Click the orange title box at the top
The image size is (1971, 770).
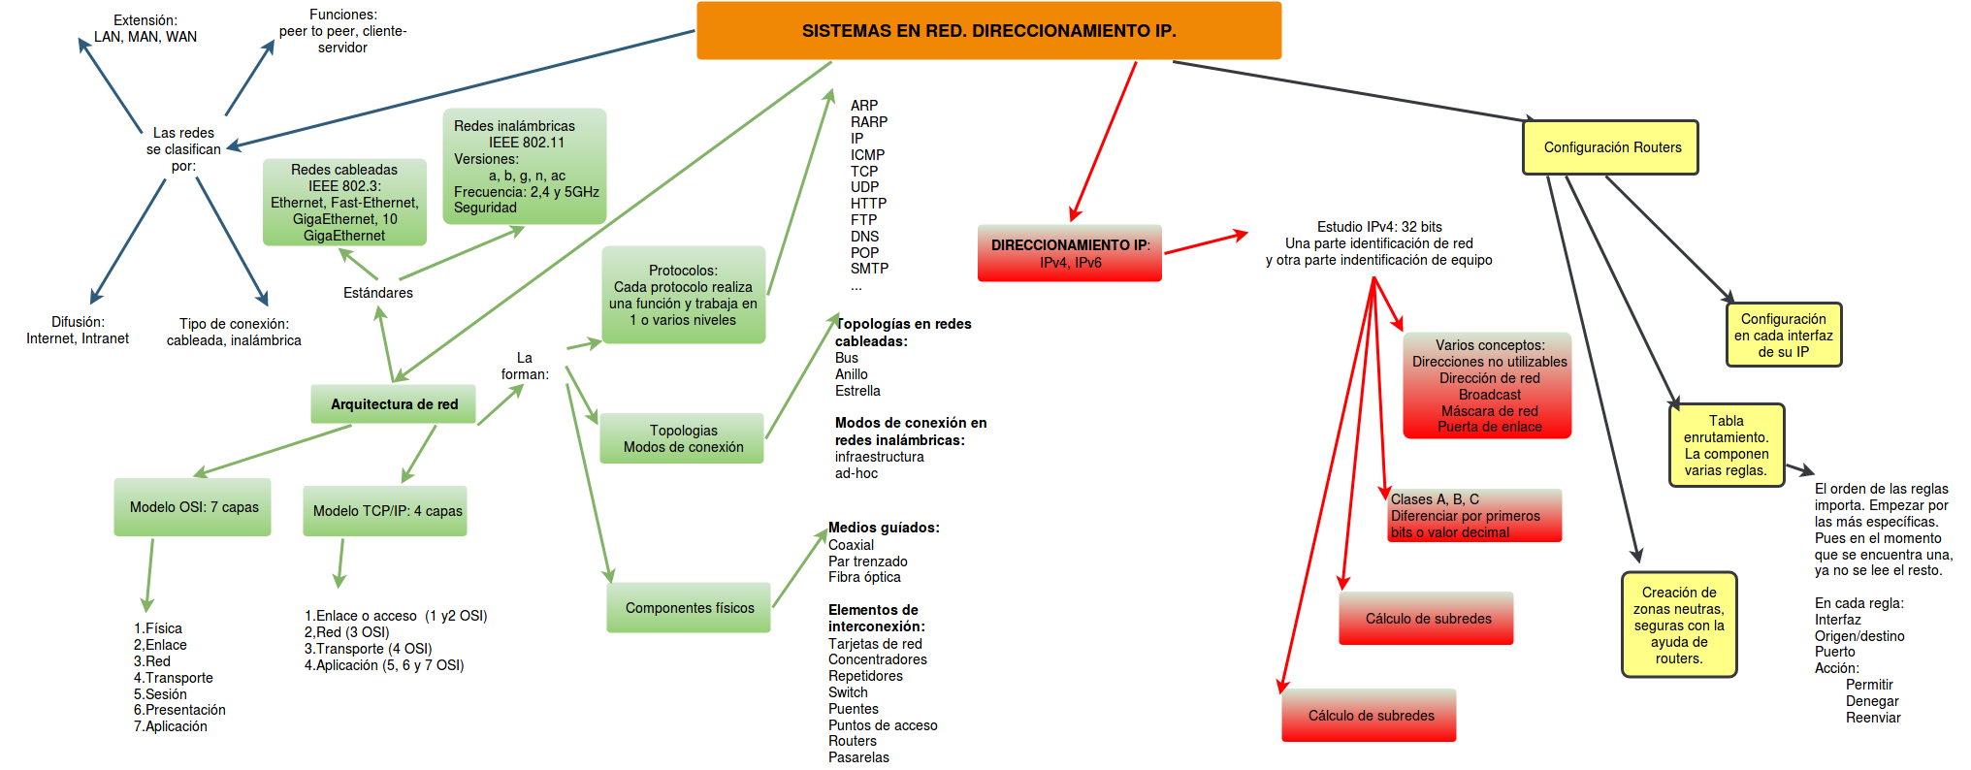(988, 31)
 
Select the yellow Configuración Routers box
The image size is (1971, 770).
(1610, 147)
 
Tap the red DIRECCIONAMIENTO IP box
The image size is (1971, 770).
(1069, 253)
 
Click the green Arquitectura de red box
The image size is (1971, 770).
(393, 404)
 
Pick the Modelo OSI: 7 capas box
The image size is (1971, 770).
(193, 507)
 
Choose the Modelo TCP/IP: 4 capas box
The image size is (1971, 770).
(386, 511)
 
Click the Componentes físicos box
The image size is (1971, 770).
(689, 608)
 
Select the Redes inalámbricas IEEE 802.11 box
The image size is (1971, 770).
(525, 166)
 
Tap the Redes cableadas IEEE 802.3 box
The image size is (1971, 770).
(344, 202)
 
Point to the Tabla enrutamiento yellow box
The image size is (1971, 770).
(1726, 445)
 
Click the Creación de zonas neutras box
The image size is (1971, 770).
(1678, 625)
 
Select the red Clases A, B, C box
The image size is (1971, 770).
(1474, 515)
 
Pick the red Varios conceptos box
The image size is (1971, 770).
(1487, 386)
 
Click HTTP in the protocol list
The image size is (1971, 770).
(868, 204)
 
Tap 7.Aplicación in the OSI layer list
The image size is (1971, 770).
(171, 726)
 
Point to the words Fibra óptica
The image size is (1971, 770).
(864, 577)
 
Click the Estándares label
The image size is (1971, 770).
(377, 293)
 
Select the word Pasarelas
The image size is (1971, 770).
(858, 757)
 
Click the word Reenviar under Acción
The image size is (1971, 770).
(1872, 718)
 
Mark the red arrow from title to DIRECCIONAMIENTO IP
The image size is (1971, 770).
(1103, 142)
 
